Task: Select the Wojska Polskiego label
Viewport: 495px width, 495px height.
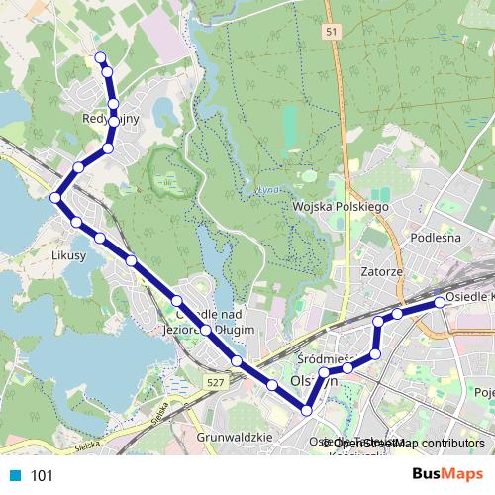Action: click(x=342, y=206)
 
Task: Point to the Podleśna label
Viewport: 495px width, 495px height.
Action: click(x=437, y=238)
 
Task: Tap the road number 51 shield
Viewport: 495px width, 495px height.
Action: click(x=332, y=33)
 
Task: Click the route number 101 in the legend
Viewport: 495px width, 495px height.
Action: click(x=43, y=475)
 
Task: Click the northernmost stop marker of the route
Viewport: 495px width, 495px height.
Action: click(x=99, y=56)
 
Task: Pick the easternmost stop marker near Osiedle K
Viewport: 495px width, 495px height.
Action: click(x=441, y=301)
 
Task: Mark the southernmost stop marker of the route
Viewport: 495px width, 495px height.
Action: click(x=307, y=410)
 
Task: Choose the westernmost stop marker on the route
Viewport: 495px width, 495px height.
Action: click(x=55, y=198)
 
